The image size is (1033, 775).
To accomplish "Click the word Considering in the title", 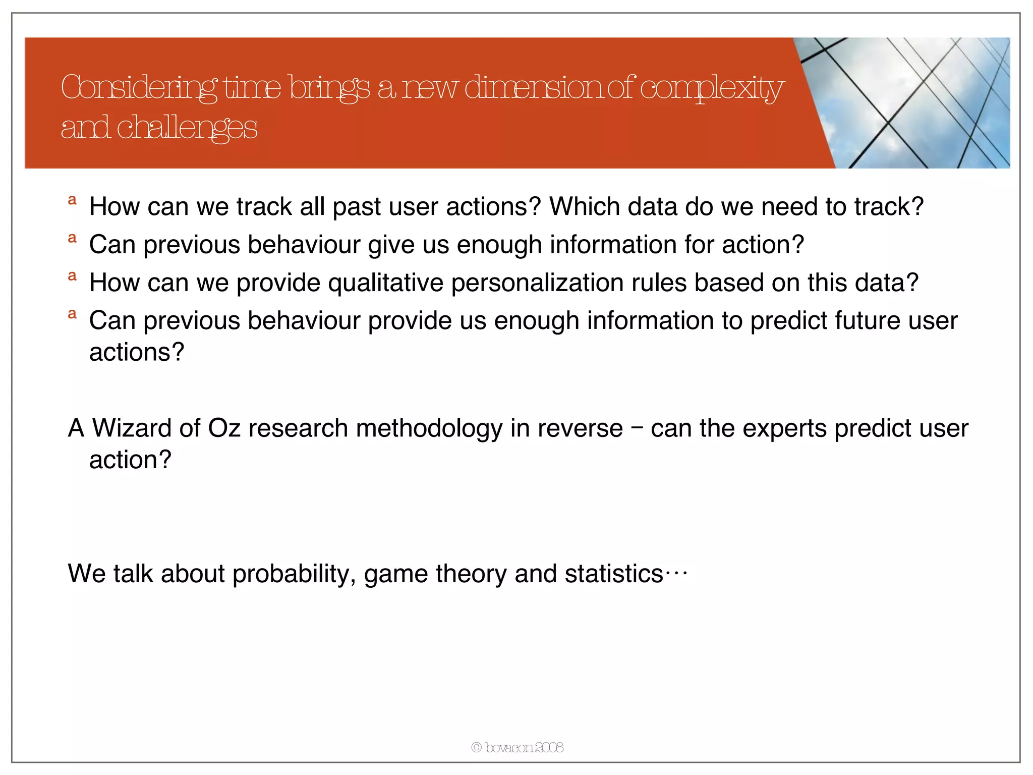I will pyautogui.click(x=139, y=88).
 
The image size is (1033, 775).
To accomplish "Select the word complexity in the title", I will pyautogui.click(x=712, y=88).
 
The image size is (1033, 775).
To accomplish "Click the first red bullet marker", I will pyautogui.click(x=72, y=200).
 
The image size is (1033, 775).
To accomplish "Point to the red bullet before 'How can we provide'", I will pyautogui.click(x=72, y=276).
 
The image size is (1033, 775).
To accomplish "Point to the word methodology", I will pyautogui.click(x=429, y=428).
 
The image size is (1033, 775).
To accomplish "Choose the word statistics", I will pyautogui.click(x=613, y=574).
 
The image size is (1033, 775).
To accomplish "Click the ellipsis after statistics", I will pyautogui.click(x=676, y=573).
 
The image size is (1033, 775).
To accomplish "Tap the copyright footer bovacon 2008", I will pyautogui.click(x=518, y=747).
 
